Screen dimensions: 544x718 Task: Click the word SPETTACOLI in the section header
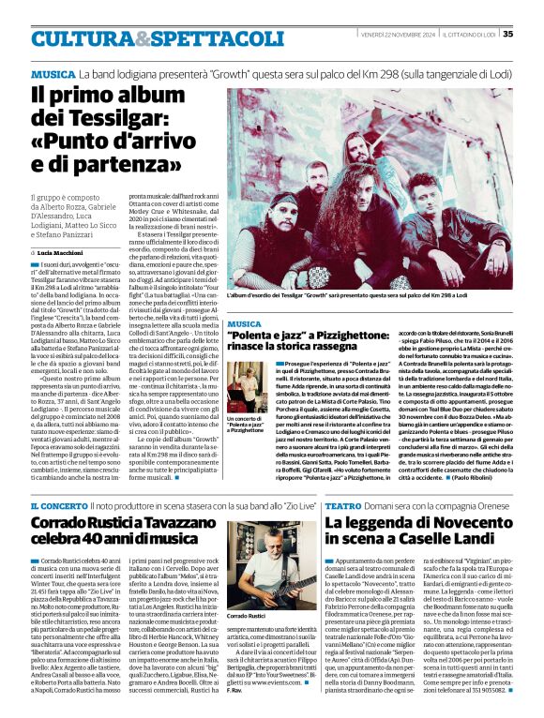(x=194, y=38)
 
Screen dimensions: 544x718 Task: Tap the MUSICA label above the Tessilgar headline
(x=53, y=73)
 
